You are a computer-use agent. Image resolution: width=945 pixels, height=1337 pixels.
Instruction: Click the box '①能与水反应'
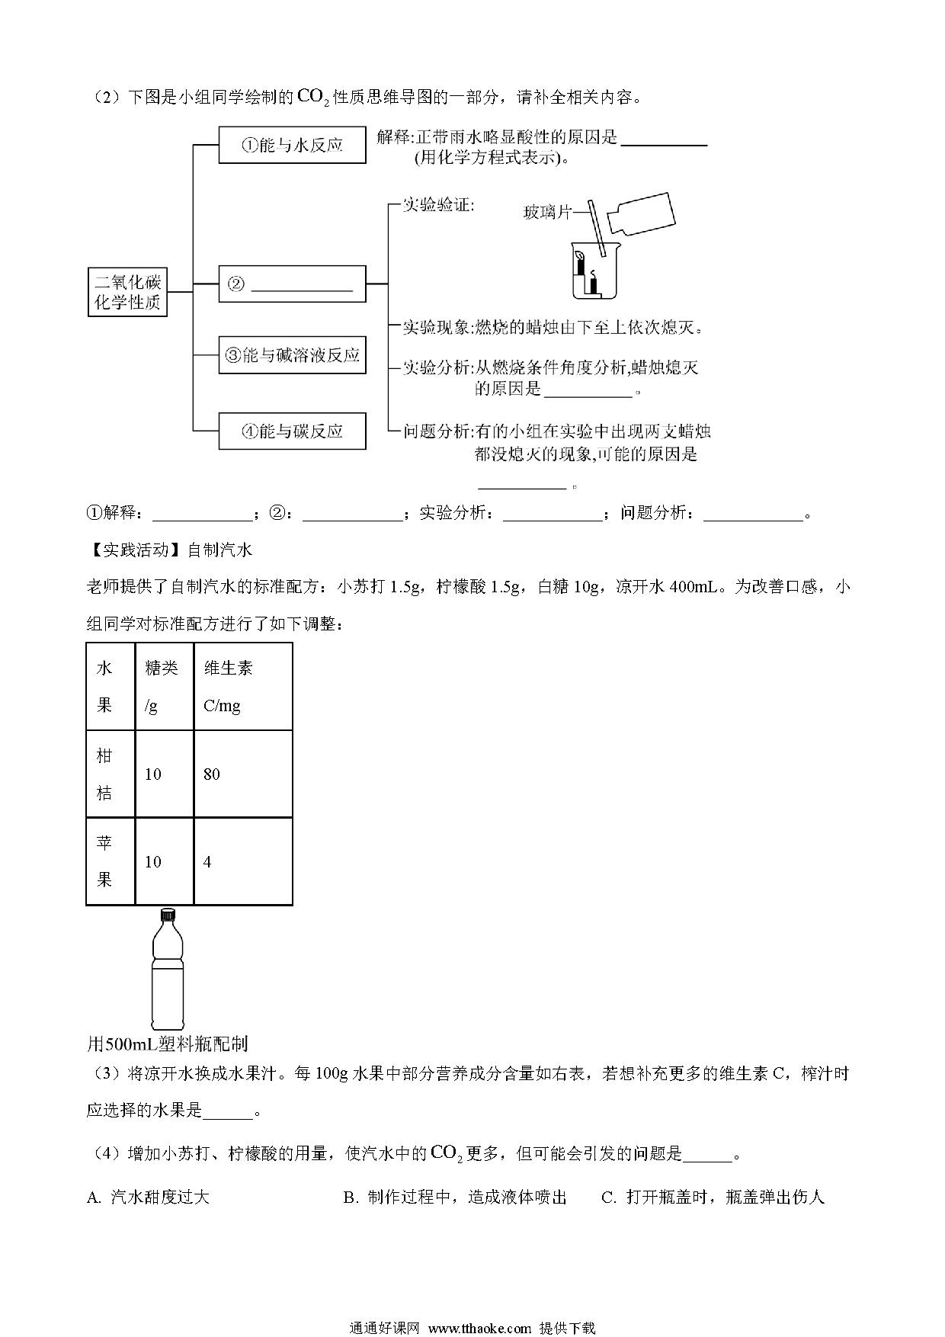pos(292,145)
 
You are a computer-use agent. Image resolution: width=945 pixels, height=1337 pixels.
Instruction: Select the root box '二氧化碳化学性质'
pos(127,292)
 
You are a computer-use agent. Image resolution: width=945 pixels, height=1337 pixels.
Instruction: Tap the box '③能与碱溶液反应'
pos(292,355)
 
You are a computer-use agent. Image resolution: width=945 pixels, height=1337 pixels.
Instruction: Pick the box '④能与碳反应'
pos(292,431)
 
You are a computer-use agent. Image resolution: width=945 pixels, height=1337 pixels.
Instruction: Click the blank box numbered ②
pos(292,284)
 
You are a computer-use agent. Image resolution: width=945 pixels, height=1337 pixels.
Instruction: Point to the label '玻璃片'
pos(547,212)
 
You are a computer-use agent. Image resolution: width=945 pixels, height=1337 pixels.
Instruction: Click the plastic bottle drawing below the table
pos(167,969)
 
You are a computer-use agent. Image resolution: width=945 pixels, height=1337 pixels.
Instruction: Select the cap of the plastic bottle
pos(167,915)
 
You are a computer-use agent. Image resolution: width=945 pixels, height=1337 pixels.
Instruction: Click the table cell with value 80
pos(243,774)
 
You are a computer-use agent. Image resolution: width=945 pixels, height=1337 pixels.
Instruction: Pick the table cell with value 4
pos(243,862)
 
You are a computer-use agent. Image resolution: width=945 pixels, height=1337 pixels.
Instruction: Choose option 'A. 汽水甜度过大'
pos(148,1197)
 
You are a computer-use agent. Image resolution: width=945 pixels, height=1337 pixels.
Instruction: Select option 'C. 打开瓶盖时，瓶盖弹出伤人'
pos(713,1197)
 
